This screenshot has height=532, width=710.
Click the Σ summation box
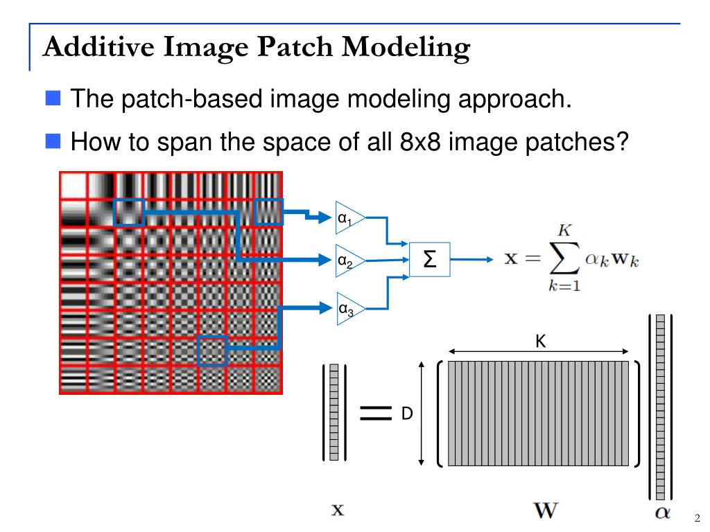(x=429, y=260)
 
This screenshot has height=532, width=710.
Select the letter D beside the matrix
(x=407, y=414)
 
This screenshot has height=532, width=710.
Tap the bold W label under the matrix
(x=545, y=511)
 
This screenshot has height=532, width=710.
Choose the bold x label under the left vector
(x=337, y=511)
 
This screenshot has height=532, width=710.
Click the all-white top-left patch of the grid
(x=73, y=186)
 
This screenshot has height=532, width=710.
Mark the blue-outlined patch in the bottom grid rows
(x=211, y=351)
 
